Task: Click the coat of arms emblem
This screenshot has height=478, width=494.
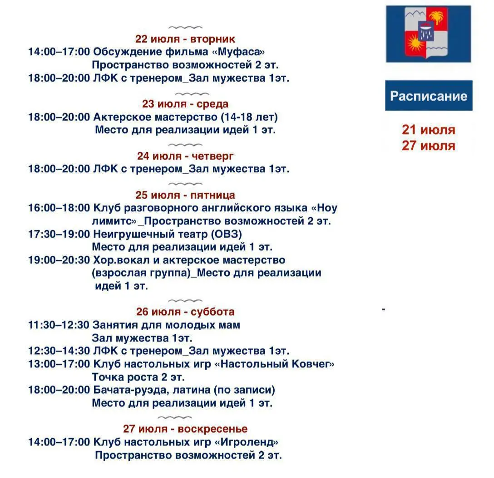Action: click(428, 34)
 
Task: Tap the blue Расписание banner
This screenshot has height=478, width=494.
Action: click(429, 96)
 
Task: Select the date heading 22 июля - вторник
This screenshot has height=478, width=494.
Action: click(185, 39)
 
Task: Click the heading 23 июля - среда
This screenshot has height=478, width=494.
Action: click(185, 104)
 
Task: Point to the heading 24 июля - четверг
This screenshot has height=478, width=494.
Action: click(185, 156)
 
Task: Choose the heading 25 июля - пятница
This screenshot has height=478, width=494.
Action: click(185, 195)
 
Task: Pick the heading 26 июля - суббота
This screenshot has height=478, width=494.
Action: click(185, 312)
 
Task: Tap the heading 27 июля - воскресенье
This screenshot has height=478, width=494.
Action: click(185, 429)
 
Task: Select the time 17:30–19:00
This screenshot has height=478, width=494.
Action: click(59, 234)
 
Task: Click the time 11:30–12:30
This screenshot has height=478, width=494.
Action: click(59, 325)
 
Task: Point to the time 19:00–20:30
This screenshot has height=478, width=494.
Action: click(59, 260)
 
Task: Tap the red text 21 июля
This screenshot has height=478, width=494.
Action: click(428, 130)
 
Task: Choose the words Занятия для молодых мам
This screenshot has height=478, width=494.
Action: click(166, 325)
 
